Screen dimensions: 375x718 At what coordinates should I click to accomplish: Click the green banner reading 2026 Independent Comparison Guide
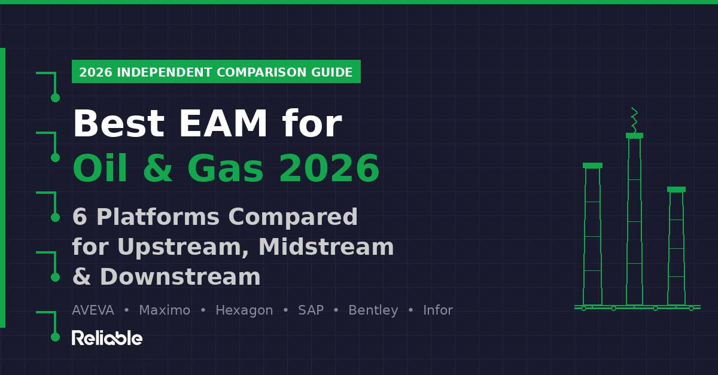(x=216, y=72)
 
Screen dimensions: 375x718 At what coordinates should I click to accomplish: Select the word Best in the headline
(x=118, y=124)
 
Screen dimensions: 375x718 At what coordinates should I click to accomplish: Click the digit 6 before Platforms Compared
(x=80, y=217)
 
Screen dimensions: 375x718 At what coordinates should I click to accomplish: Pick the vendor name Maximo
(x=165, y=310)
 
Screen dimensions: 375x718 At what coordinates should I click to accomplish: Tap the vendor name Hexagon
(x=244, y=310)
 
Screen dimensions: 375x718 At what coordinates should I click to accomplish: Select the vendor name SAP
(x=311, y=310)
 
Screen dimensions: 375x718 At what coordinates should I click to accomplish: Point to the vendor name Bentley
(x=373, y=310)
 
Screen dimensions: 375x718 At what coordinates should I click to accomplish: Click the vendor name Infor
(x=438, y=310)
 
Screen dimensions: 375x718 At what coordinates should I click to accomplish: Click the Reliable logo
(x=107, y=338)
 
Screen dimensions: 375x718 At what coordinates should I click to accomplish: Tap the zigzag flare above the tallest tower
(x=634, y=120)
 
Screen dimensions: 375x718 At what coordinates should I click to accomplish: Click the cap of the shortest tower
(x=676, y=190)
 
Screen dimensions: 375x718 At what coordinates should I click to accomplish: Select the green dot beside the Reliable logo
(x=55, y=337)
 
